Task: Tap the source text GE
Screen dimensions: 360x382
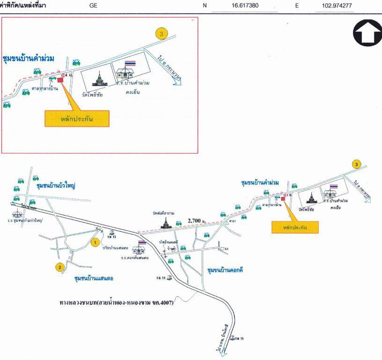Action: [x=93, y=6]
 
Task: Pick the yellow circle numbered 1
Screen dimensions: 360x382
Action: [x=95, y=242]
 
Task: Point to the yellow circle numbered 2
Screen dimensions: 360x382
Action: [x=59, y=268]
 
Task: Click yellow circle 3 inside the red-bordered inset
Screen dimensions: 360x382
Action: [x=162, y=33]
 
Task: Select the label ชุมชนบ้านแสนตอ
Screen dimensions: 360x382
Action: [x=94, y=278]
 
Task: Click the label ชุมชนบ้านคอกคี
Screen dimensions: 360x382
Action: [x=225, y=270]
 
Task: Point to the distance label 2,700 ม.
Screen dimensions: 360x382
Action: [x=197, y=220]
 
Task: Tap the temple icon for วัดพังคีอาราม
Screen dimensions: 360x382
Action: [x=167, y=222]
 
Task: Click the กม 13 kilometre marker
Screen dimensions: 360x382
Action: [x=112, y=233]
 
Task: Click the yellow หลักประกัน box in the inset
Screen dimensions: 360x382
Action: [x=77, y=119]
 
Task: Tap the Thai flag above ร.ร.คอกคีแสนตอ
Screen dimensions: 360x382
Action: [x=142, y=243]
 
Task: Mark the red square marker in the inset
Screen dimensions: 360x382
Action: [x=60, y=80]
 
